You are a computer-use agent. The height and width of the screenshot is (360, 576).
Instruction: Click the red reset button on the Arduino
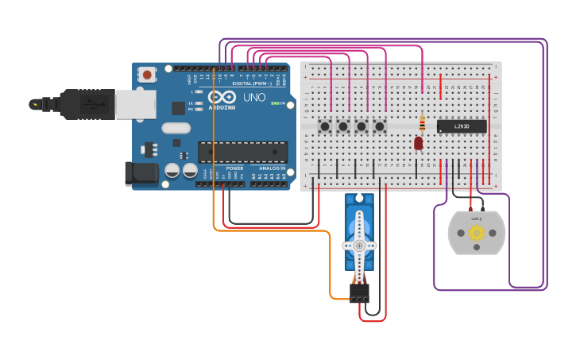click(147, 75)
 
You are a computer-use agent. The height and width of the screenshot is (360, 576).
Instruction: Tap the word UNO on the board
click(254, 97)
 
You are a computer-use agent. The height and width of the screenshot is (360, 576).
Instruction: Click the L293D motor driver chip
click(462, 126)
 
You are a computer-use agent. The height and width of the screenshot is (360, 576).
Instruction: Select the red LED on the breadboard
click(419, 143)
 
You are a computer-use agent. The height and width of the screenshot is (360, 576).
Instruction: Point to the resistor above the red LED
click(422, 123)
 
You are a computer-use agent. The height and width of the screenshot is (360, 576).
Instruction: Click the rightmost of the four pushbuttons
click(380, 126)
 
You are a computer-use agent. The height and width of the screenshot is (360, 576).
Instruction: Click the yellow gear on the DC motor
click(477, 233)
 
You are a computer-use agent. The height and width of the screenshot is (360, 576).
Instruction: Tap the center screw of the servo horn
click(360, 246)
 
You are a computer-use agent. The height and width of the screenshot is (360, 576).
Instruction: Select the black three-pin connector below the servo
click(360, 292)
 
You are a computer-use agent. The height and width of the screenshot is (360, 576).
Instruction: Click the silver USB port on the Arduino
click(135, 104)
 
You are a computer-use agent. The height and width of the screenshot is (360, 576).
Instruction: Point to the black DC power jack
click(140, 175)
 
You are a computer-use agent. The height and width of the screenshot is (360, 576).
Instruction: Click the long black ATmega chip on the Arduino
click(242, 151)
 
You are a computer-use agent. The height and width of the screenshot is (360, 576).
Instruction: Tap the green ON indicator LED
click(275, 103)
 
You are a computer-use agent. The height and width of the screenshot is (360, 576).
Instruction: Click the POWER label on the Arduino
click(234, 168)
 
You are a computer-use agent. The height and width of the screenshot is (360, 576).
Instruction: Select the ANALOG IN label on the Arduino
click(272, 168)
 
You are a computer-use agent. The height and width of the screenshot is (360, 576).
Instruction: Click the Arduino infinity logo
click(222, 97)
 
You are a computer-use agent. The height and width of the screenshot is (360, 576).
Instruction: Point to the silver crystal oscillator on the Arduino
click(176, 128)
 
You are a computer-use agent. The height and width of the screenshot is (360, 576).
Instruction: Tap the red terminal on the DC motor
click(470, 208)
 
